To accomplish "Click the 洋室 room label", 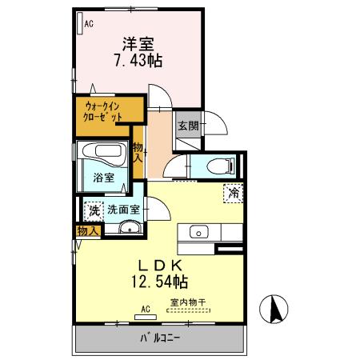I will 138,45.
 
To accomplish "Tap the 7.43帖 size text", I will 137,61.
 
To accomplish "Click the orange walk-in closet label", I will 103,109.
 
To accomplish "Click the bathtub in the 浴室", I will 100,151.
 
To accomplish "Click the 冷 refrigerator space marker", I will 234,192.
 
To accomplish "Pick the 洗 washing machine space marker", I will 94,210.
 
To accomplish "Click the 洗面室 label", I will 124,210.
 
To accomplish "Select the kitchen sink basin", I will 197,233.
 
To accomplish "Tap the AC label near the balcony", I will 146,307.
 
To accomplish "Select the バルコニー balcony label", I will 161,338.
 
